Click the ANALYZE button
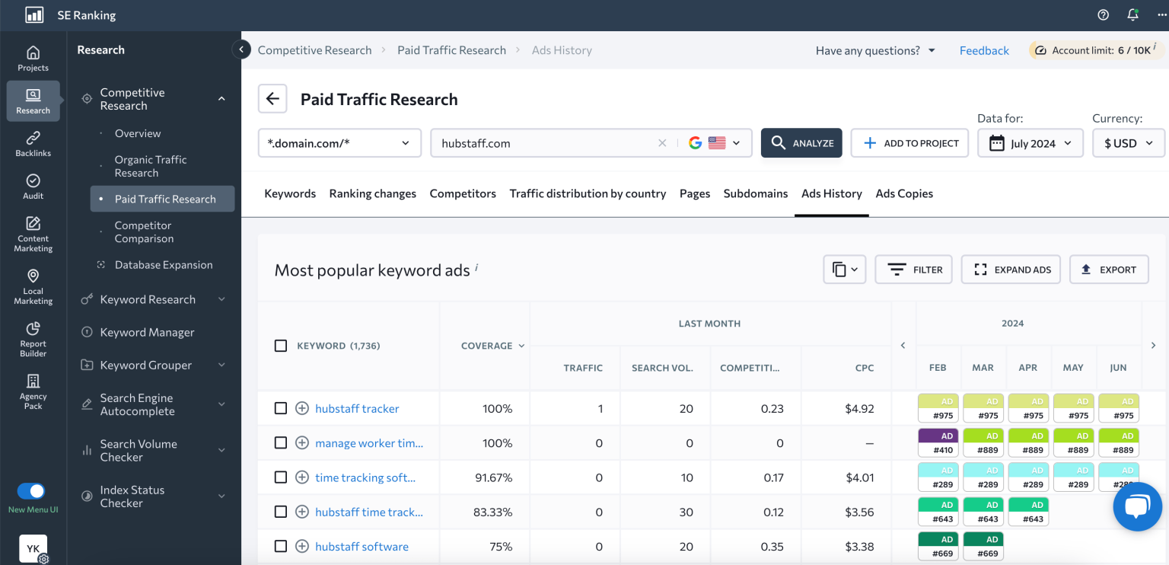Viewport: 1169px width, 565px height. tap(801, 143)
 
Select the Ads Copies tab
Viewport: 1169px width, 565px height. tap(904, 193)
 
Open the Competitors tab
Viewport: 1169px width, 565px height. tap(463, 193)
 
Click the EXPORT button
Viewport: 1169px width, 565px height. tap(1109, 270)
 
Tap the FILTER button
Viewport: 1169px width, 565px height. tap(913, 270)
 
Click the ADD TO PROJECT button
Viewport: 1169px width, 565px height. tap(909, 143)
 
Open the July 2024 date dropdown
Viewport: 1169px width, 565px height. tap(1030, 143)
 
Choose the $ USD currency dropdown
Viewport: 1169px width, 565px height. tap(1129, 143)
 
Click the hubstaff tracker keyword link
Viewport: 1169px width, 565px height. tap(357, 409)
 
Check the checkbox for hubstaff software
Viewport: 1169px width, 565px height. tap(281, 546)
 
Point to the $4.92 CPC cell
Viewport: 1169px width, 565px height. tap(859, 409)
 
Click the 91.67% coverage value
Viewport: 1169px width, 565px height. tap(493, 477)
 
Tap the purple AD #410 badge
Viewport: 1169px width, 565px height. tap(938, 443)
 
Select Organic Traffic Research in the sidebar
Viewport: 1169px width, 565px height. tap(151, 166)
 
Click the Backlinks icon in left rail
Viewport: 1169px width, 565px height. tap(33, 143)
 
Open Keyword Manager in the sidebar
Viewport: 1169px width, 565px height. tap(147, 332)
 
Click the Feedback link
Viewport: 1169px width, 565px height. tap(984, 50)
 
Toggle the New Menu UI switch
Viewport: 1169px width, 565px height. tap(31, 491)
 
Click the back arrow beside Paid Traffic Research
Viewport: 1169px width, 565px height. tap(272, 99)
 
